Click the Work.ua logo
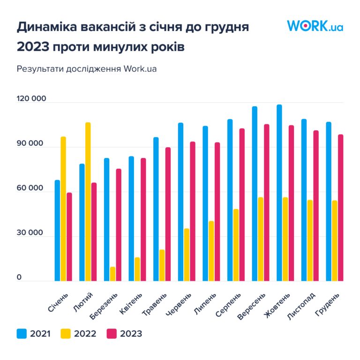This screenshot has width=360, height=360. (x=315, y=26)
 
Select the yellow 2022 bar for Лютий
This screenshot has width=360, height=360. (x=88, y=202)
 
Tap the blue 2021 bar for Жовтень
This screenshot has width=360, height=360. (x=279, y=193)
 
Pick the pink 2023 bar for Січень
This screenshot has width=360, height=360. (x=69, y=237)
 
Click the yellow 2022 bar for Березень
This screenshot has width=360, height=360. (x=112, y=274)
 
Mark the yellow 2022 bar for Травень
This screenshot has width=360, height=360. (x=162, y=265)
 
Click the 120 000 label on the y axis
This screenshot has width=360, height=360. (x=32, y=99)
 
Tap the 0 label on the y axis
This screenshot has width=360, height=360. (x=19, y=277)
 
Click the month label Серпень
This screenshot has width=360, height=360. (x=229, y=304)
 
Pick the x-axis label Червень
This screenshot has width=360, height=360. (x=180, y=305)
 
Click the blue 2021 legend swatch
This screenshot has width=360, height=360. (x=22, y=334)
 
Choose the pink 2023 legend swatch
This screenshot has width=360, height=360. (x=112, y=334)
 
